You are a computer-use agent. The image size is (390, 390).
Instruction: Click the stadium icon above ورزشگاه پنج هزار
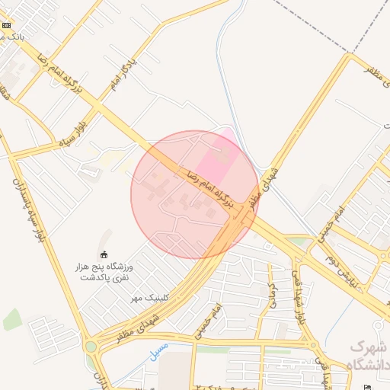pos(104,254)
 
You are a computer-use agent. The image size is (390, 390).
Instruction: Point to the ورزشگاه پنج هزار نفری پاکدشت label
pos(107,273)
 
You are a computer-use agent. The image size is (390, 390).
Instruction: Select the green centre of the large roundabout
pos(91,347)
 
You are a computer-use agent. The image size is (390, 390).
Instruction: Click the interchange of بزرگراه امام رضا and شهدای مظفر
pos(242,217)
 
